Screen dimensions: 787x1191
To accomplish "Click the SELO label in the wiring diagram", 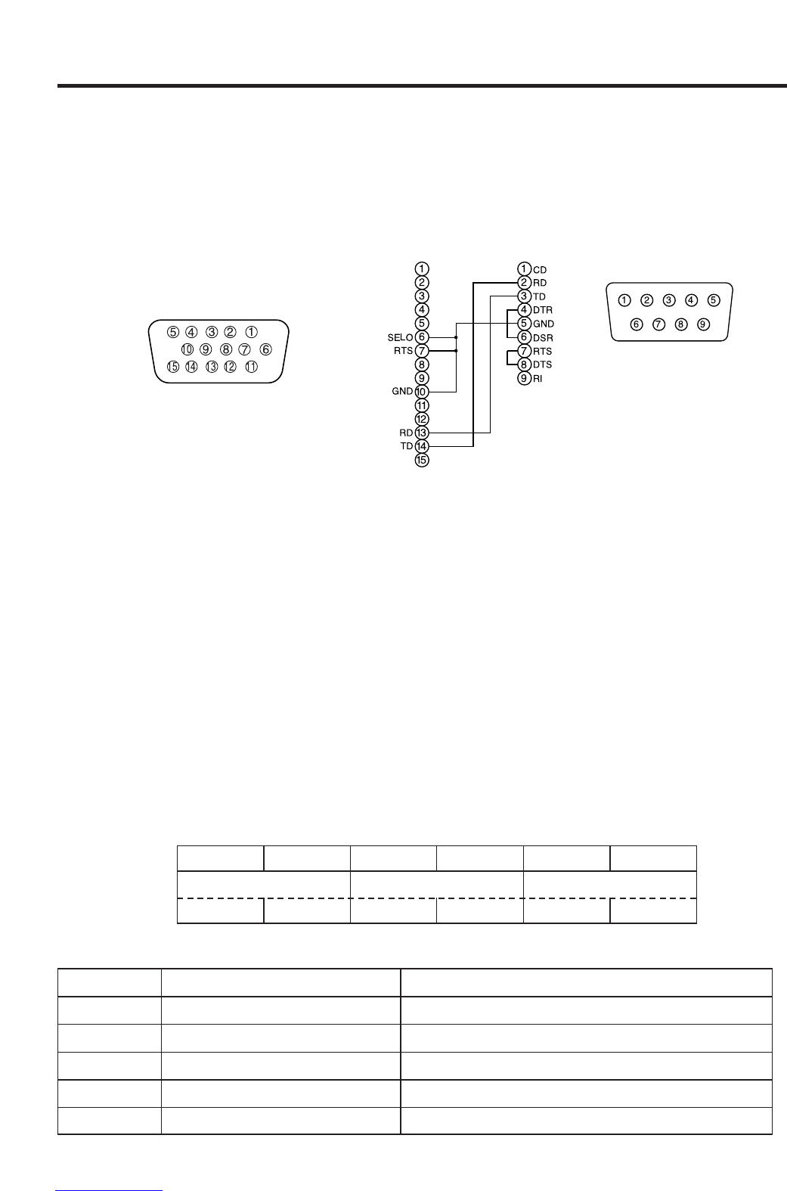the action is click(x=400, y=337).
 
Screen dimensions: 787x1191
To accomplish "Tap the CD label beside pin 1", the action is click(x=540, y=270).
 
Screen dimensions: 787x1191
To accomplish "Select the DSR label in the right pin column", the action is click(x=543, y=338).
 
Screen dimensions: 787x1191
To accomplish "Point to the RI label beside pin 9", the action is click(x=538, y=379).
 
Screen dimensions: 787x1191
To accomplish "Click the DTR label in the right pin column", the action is click(x=543, y=311).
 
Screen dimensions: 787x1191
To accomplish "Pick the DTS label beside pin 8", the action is click(x=542, y=365).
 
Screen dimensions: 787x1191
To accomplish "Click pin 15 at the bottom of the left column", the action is click(x=422, y=460).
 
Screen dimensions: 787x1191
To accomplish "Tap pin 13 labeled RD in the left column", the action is click(x=422, y=433).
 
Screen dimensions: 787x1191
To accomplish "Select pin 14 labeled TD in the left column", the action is click(x=422, y=446).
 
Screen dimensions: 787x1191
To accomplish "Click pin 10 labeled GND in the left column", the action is click(x=422, y=392).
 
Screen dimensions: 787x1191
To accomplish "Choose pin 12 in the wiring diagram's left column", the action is click(x=422, y=419).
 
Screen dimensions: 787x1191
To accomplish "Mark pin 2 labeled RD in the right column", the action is click(x=524, y=283).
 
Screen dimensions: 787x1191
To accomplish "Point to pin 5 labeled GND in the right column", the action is click(x=524, y=324).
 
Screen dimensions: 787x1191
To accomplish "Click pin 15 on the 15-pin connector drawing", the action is click(x=173, y=367).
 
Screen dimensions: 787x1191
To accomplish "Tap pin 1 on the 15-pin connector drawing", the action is click(x=251, y=332).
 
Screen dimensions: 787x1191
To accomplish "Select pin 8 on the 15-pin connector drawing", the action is click(x=225, y=349).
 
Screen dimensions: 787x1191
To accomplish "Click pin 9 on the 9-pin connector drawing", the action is click(x=703, y=324).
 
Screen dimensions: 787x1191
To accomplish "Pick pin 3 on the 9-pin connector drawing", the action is click(x=669, y=300).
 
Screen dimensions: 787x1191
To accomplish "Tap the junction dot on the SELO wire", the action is click(x=456, y=337).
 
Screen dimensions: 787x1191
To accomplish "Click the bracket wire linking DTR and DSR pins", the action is click(x=507, y=324).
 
